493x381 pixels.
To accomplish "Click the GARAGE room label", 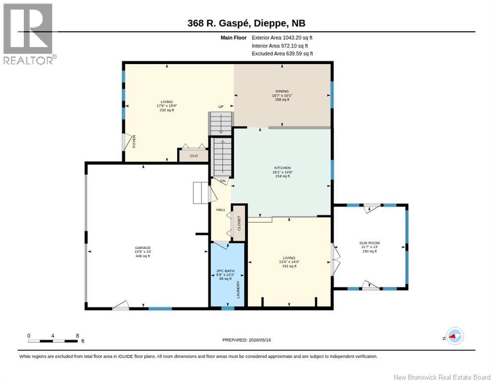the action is [x=143, y=248].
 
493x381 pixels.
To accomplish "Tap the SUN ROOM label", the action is [x=370, y=243].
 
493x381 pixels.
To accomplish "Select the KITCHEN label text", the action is [x=282, y=168].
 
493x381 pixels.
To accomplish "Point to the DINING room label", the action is [x=282, y=91].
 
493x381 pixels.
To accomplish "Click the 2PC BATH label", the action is [x=226, y=271].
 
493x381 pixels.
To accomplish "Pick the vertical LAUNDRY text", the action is [x=238, y=289].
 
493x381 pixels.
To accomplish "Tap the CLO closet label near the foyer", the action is [x=193, y=156].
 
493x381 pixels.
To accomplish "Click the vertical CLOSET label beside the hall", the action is [x=239, y=223].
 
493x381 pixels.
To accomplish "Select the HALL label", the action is [x=221, y=209].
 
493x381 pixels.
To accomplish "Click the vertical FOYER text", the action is [x=134, y=141].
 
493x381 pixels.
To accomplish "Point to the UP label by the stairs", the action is [x=221, y=107].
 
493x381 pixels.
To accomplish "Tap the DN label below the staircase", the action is [x=223, y=181].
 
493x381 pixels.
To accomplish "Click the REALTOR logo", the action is [x=28, y=34].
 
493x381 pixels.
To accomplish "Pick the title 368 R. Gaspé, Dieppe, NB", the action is [x=246, y=23].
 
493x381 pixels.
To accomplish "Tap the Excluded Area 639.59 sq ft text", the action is [x=282, y=54].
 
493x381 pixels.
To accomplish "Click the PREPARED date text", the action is [x=246, y=340].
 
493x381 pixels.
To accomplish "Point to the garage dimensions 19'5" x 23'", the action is [x=143, y=252].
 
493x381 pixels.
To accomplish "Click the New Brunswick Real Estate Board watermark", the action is [x=442, y=377].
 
